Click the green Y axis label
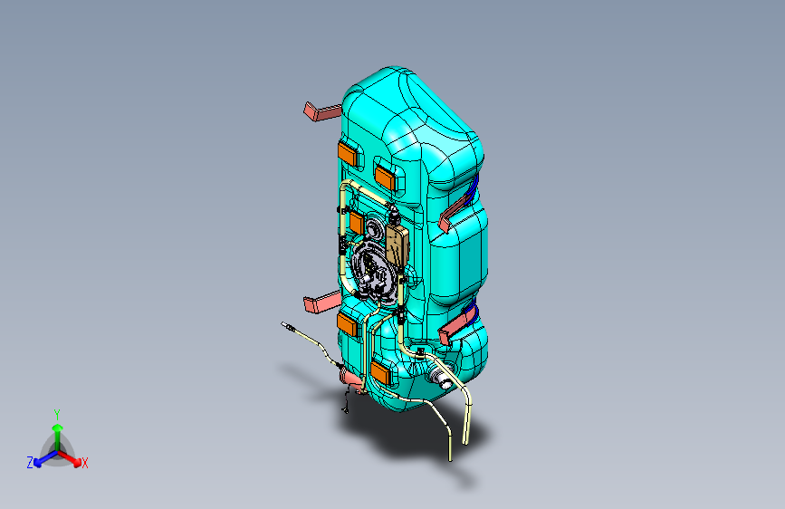pyautogui.click(x=57, y=413)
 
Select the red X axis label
pyautogui.click(x=85, y=464)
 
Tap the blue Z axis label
pyautogui.click(x=30, y=463)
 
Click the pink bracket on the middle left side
pyautogui.click(x=319, y=302)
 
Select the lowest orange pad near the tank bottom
pyautogui.click(x=379, y=372)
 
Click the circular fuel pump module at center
pyautogui.click(x=374, y=267)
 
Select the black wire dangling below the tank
pyautogui.click(x=346, y=403)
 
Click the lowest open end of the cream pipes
pyautogui.click(x=450, y=457)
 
